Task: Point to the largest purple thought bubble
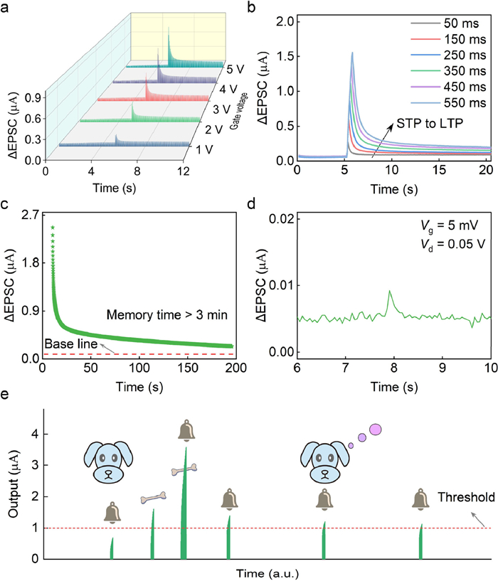pyautogui.click(x=376, y=429)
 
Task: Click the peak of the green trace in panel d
pyautogui.click(x=389, y=291)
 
